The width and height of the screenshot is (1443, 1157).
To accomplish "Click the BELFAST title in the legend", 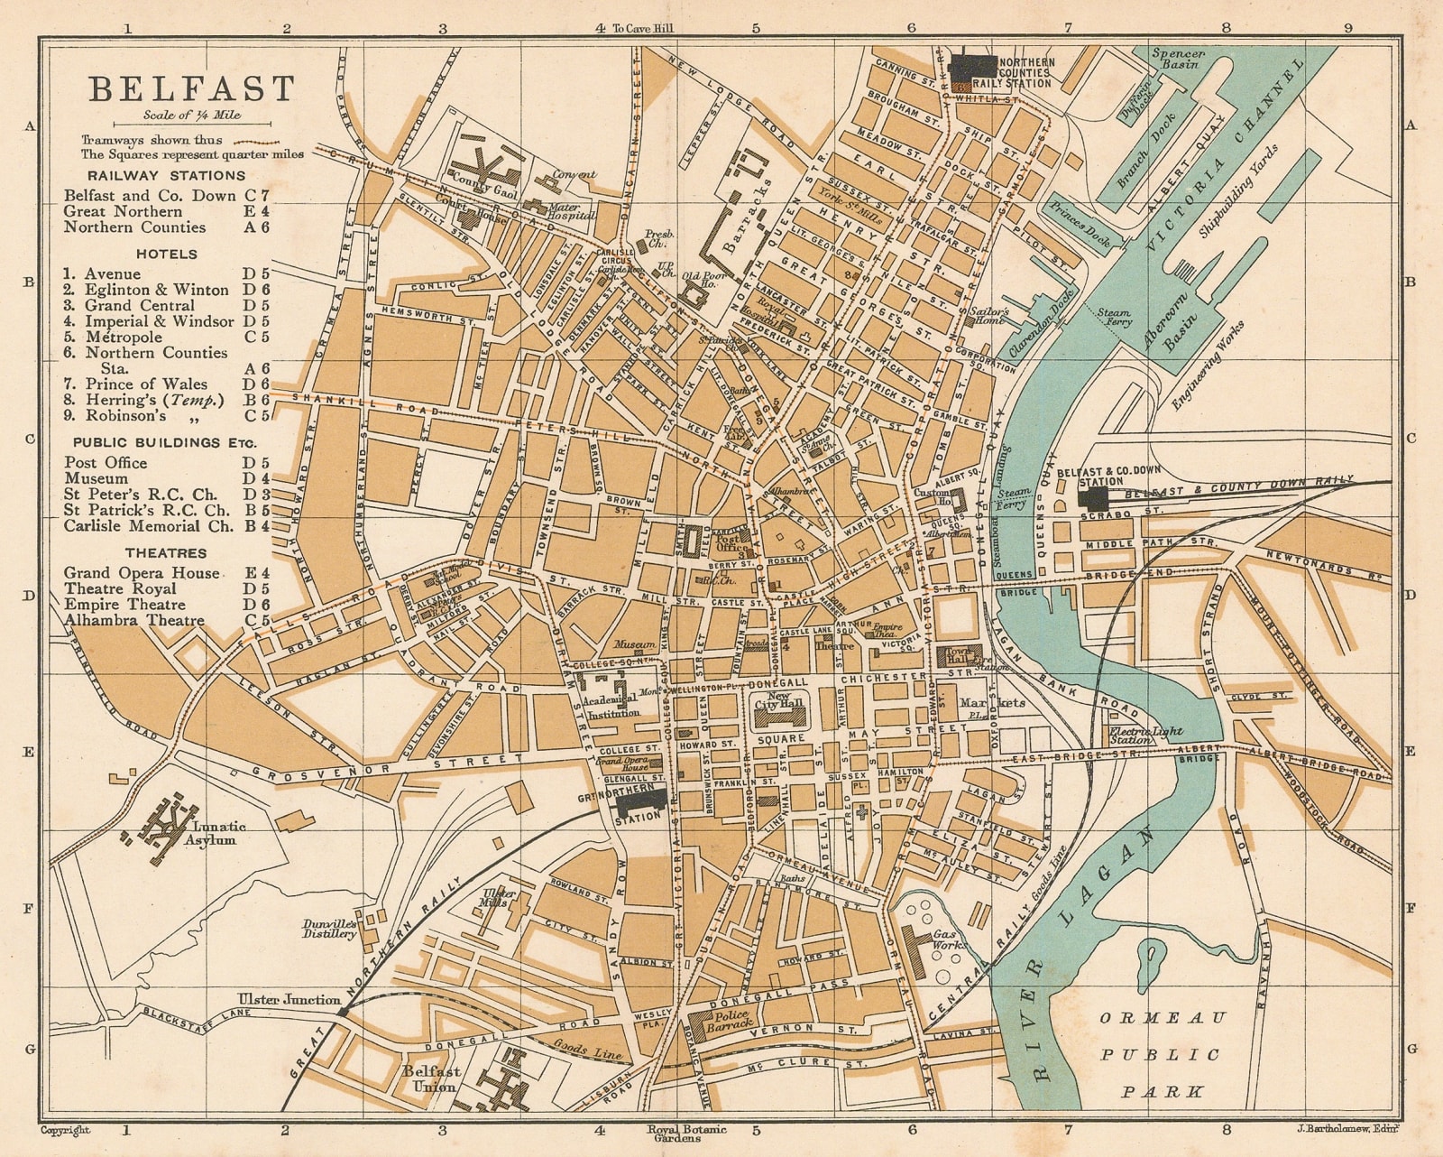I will click(191, 88).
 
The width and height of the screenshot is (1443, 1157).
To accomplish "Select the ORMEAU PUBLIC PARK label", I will click(1163, 1054).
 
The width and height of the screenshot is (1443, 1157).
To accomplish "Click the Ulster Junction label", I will click(289, 999).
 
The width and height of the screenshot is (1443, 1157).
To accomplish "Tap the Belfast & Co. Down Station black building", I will click(1093, 499).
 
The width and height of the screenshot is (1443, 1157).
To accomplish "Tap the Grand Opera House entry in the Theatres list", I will click(141, 573).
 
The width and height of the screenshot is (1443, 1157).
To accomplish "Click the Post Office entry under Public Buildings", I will click(106, 463).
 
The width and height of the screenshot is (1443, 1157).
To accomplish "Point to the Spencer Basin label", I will click(1178, 60).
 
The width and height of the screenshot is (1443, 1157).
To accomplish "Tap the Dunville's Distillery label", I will click(330, 930).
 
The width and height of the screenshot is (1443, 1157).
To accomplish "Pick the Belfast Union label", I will click(432, 1078).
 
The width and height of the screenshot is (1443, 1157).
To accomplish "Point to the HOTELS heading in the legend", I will click(167, 255).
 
